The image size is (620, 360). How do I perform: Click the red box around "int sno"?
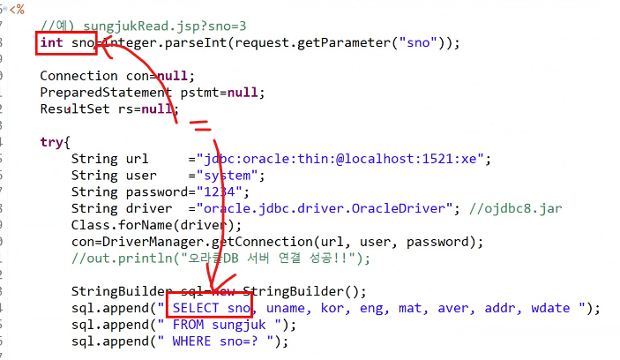(66, 42)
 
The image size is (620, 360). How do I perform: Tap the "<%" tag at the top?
(17, 9)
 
